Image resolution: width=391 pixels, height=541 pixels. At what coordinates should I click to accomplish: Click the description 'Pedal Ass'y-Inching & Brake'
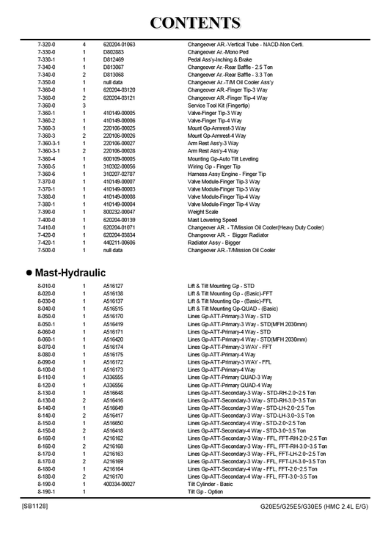[x=223, y=60]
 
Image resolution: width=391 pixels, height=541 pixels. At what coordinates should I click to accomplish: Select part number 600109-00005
[x=120, y=158]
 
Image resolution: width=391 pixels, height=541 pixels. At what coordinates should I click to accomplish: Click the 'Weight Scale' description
[x=203, y=212]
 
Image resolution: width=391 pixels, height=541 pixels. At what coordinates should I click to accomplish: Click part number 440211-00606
[x=120, y=243]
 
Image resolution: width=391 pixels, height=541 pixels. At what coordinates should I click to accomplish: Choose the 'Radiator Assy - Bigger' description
[x=213, y=243]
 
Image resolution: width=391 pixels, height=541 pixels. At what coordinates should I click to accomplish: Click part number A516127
[x=113, y=286]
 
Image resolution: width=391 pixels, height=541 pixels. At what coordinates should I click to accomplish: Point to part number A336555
[x=113, y=378]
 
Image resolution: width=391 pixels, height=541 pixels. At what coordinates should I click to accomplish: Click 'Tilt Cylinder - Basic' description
[x=211, y=485]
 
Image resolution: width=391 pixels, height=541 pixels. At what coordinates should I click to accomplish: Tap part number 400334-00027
[x=120, y=485]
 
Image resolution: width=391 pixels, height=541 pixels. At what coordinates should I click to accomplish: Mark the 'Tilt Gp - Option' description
[x=205, y=492]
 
